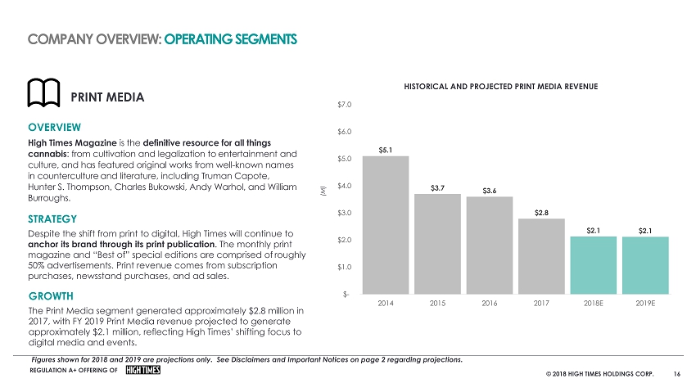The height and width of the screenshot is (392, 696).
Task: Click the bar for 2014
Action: click(385, 225)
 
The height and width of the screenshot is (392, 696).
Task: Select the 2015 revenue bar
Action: click(437, 244)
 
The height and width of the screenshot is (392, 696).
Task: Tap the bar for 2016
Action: click(489, 246)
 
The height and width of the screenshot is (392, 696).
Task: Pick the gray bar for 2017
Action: click(541, 256)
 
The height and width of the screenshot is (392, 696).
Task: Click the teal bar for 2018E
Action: click(593, 265)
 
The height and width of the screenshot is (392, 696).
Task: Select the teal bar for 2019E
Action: click(645, 265)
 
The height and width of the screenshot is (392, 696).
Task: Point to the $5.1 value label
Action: click(385, 150)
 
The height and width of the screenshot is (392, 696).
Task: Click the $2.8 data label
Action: click(541, 213)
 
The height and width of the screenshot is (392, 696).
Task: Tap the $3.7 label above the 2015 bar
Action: click(437, 188)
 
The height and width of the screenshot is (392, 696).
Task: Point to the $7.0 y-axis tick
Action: click(344, 104)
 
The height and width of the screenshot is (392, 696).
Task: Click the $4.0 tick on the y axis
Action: click(344, 186)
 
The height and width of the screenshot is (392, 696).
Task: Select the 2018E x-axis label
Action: click(593, 304)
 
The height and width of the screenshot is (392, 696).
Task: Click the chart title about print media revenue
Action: click(499, 86)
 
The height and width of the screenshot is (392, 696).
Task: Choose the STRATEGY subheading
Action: click(52, 219)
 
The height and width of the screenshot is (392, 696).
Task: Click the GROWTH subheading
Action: click(50, 295)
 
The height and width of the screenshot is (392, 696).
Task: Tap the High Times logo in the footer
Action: click(143, 371)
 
